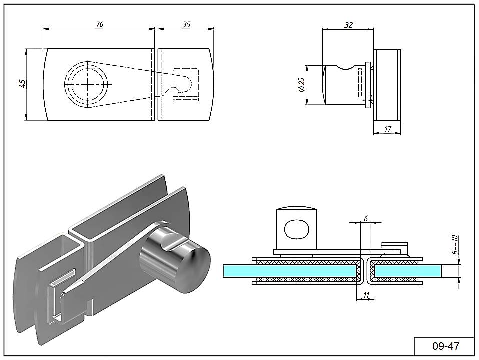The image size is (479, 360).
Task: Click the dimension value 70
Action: (x=99, y=25)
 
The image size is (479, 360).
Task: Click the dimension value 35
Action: (x=186, y=24)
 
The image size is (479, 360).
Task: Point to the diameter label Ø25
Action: (x=301, y=85)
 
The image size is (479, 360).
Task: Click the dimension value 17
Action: (x=388, y=129)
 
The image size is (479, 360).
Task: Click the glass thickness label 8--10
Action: (x=454, y=245)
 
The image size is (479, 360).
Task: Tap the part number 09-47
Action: (x=445, y=346)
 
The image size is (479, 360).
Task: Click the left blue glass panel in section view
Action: (x=290, y=271)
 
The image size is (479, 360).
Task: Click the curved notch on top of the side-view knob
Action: (x=348, y=65)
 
